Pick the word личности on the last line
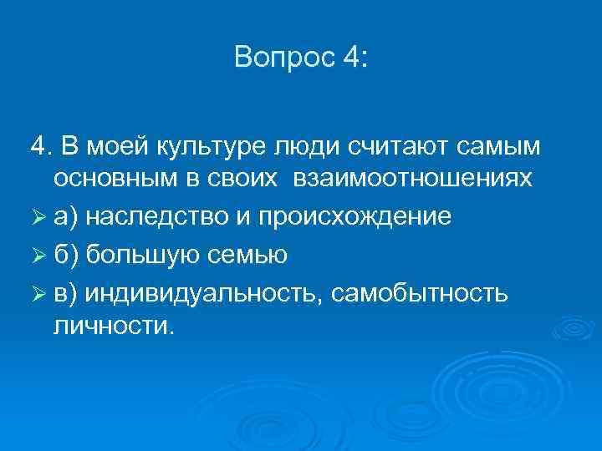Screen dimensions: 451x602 (113, 325)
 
